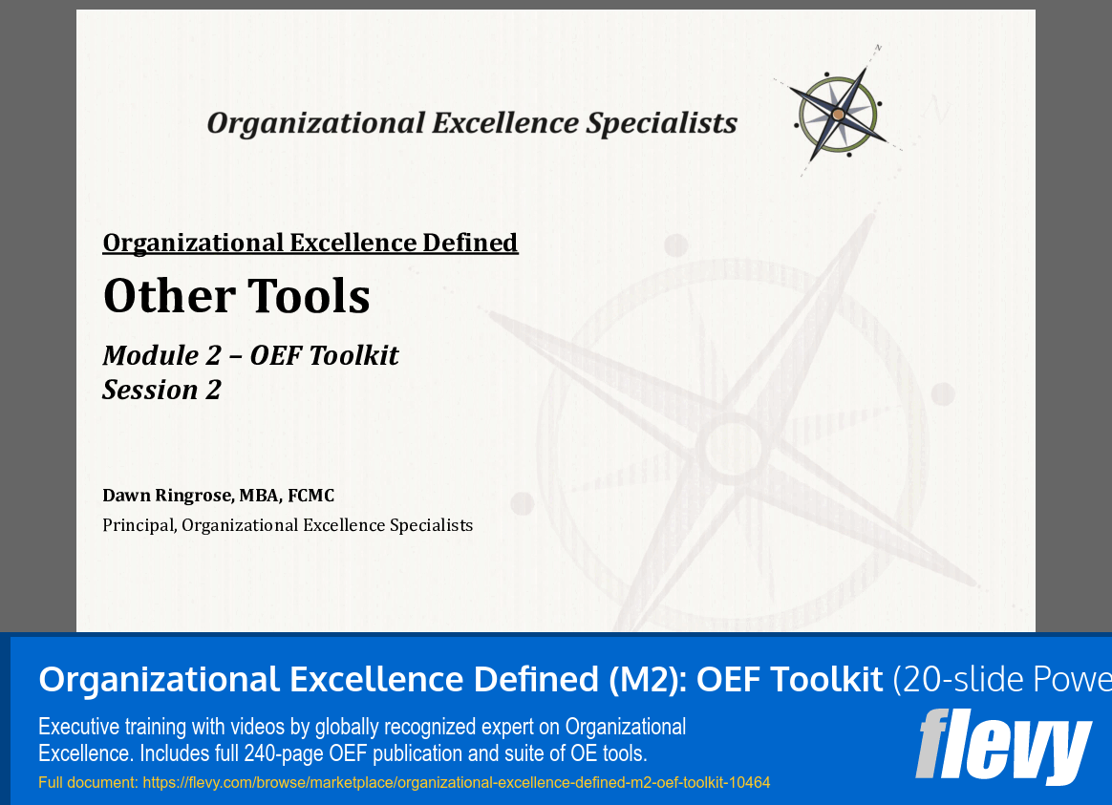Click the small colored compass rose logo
tap(838, 114)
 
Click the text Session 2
tap(161, 390)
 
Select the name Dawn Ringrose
tap(167, 495)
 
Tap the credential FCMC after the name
tap(308, 495)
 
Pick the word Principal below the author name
tap(138, 525)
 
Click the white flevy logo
tap(1003, 747)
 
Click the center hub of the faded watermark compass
tap(732, 447)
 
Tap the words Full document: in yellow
tap(88, 783)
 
